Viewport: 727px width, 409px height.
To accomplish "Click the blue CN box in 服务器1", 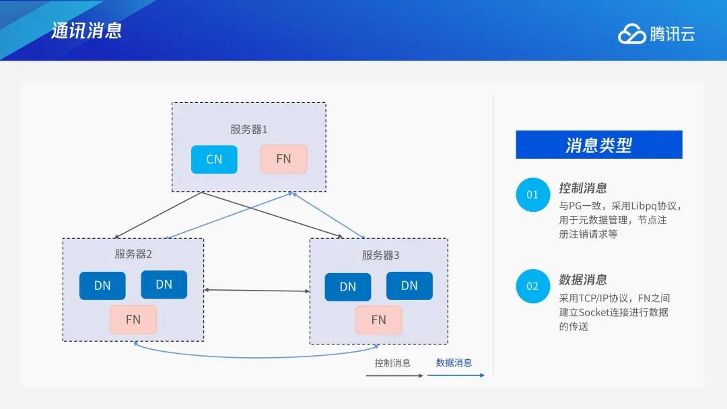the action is coord(214,159).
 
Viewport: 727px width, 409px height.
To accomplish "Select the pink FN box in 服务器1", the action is coord(284,159).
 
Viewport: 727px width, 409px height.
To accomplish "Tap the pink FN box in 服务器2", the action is coord(133,320).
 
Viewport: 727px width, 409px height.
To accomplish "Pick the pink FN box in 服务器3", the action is coord(379,320).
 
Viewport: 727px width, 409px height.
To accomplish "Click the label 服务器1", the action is coord(249,129).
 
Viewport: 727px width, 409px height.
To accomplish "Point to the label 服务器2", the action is coord(133,254).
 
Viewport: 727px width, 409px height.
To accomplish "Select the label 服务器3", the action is coord(380,255).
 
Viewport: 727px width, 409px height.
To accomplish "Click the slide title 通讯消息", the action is coord(86,30).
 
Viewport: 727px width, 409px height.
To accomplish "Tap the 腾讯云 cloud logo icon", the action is coord(631,34).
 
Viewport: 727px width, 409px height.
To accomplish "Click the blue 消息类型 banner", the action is coord(599,145).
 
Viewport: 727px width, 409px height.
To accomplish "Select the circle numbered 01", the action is coord(532,194).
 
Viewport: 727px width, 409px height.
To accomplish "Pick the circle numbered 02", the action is coord(532,287).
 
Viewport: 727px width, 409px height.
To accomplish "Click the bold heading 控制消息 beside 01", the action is coord(583,188).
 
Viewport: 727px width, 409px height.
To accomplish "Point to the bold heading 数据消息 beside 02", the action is coord(583,280).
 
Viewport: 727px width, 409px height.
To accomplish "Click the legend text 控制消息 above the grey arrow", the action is coord(392,363).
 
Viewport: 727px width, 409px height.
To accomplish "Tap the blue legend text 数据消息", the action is coord(454,363).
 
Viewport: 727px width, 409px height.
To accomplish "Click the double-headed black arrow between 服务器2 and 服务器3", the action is coord(257,291).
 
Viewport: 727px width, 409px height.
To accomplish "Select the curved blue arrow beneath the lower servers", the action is coord(256,357).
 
